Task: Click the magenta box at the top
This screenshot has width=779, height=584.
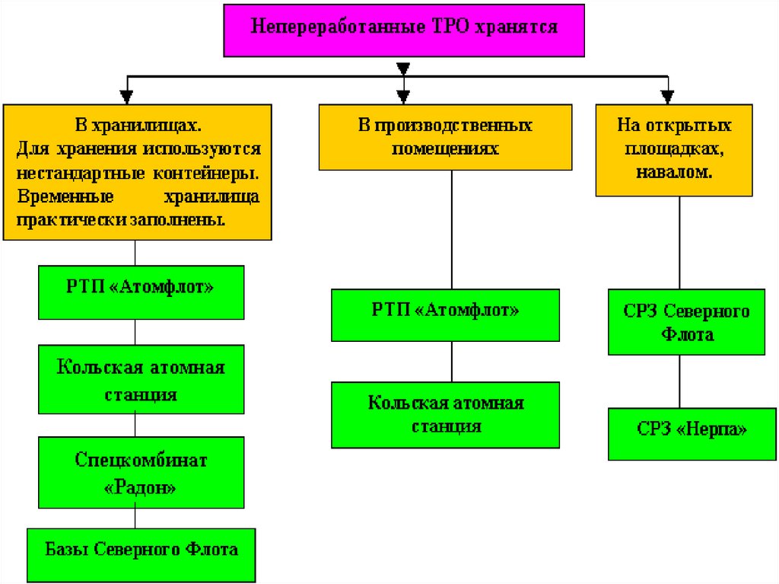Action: click(404, 30)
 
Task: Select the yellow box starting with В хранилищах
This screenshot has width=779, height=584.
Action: click(138, 172)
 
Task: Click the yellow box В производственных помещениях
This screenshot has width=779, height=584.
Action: click(445, 136)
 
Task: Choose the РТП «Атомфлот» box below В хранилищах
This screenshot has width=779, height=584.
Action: click(141, 292)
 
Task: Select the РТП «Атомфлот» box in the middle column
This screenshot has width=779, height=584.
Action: click(445, 314)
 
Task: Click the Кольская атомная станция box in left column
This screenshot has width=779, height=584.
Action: click(141, 380)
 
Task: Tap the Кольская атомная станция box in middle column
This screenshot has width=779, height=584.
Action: click(445, 414)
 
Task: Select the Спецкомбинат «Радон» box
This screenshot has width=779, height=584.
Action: click(141, 472)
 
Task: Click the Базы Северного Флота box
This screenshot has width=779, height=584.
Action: click(141, 555)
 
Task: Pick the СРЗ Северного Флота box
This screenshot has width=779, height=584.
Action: click(686, 322)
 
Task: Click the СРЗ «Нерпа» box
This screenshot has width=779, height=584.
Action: click(692, 433)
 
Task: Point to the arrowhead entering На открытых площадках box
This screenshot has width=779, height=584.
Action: click(667, 97)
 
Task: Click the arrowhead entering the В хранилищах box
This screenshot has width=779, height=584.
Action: click(127, 97)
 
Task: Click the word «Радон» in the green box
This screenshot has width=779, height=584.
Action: click(141, 486)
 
